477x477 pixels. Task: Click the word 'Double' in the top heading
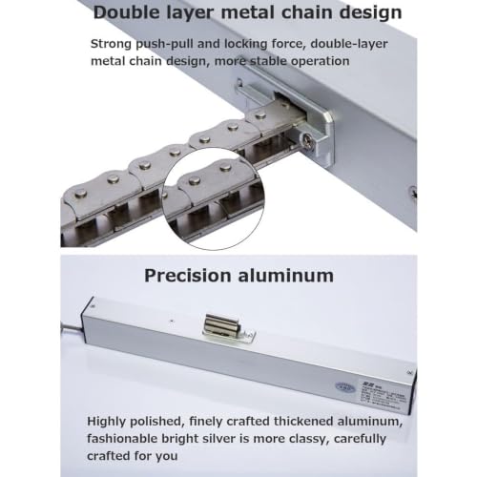pyautogui.click(x=123, y=12)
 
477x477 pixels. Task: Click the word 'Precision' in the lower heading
pyautogui.click(x=187, y=276)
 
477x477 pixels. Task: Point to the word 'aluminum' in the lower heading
pyautogui.click(x=286, y=276)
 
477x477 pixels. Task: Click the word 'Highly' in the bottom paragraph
pyautogui.click(x=107, y=422)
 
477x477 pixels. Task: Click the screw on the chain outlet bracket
pyautogui.click(x=307, y=140)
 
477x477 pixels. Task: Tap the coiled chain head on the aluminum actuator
pyautogui.click(x=220, y=324)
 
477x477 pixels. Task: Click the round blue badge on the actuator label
pyautogui.click(x=345, y=387)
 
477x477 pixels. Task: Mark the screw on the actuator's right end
pyautogui.click(x=409, y=372)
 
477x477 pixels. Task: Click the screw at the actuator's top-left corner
pyautogui.click(x=93, y=306)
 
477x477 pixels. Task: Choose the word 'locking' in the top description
pyautogui.click(x=245, y=44)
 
